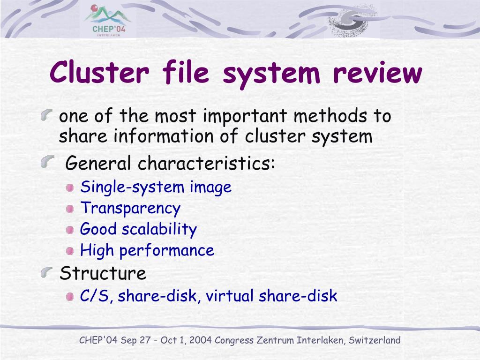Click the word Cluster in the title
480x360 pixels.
[100, 73]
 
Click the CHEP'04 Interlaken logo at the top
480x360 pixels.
[108, 21]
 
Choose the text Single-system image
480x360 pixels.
[156, 187]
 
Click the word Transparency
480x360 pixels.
[130, 208]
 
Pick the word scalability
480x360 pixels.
[159, 229]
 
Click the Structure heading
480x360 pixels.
[103, 273]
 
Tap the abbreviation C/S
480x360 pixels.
[95, 296]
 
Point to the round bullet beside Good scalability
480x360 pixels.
[70, 230]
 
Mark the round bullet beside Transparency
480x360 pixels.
[70, 209]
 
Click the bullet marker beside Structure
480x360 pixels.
[47, 272]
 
